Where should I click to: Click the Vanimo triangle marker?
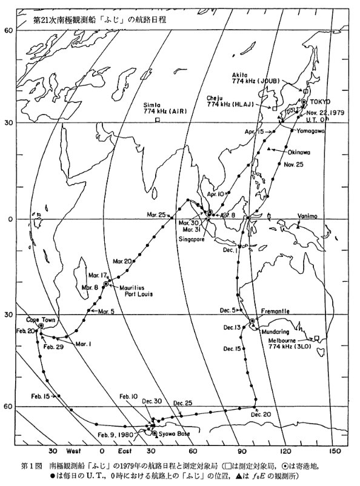315,227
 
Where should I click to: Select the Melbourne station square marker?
316,338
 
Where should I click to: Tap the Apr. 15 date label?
255,131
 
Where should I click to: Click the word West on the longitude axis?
75,451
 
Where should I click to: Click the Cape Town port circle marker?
41,325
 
